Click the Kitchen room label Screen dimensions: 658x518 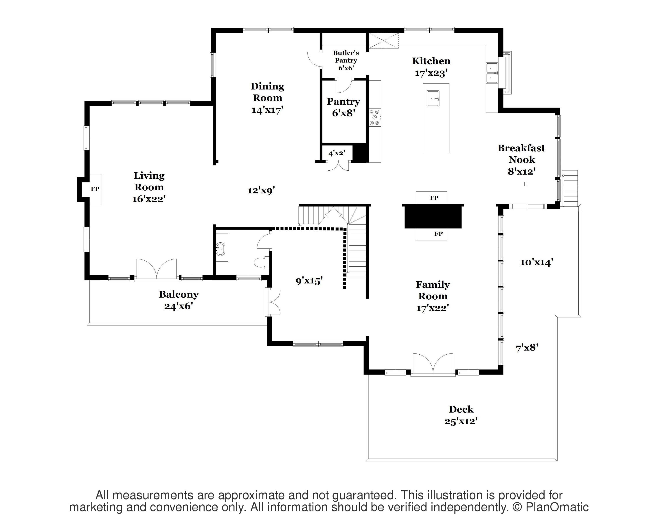(431, 61)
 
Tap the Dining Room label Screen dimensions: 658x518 (267, 92)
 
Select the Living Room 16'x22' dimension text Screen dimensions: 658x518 (149, 199)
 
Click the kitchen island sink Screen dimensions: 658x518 (433, 98)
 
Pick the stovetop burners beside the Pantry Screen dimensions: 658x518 (375, 117)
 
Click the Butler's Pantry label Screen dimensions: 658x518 (346, 57)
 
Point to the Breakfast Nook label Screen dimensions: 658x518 (522, 154)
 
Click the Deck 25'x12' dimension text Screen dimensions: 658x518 (461, 422)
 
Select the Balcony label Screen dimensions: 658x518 (179, 295)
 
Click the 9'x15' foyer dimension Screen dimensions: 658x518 (309, 281)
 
